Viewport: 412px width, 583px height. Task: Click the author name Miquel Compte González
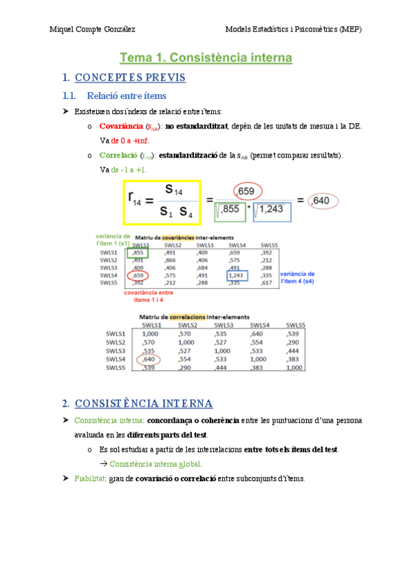tap(93, 30)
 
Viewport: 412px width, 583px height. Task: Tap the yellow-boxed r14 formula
tap(162, 202)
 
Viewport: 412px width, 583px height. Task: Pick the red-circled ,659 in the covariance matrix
tap(139, 276)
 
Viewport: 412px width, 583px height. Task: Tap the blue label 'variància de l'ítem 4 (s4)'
tap(299, 276)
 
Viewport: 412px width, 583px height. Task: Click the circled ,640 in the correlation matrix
tap(149, 359)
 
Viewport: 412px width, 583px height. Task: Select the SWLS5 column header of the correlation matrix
tap(294, 325)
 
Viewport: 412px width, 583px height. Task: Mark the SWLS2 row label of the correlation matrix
tap(115, 342)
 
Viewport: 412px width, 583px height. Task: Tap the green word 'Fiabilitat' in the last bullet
tap(90, 478)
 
